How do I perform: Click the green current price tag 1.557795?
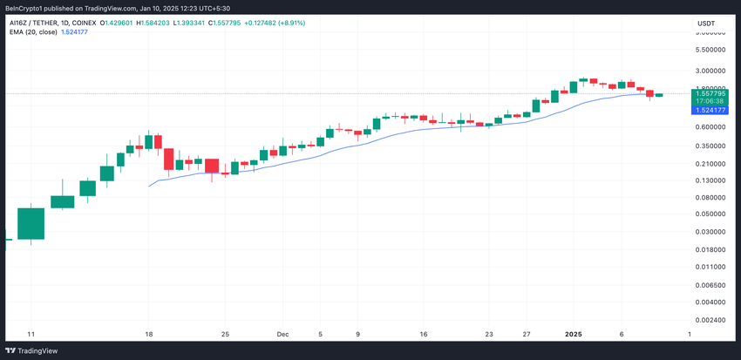708,92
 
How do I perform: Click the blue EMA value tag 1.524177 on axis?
708,110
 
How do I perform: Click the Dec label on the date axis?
282,334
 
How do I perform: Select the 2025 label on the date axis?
574,334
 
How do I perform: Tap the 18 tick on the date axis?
149,334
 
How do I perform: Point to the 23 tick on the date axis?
489,334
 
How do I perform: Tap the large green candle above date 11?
31,223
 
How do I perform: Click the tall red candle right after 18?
169,159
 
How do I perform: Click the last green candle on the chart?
659,95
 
